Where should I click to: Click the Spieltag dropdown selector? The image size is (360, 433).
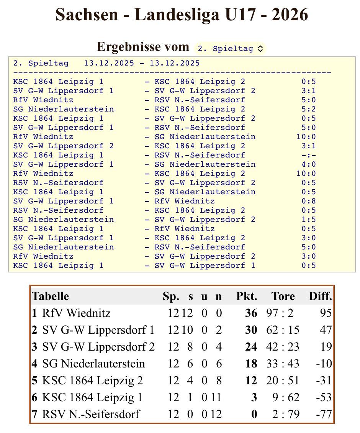(230, 49)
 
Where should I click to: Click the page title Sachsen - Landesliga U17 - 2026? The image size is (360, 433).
(182, 15)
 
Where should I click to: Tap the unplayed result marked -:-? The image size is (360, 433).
(308, 155)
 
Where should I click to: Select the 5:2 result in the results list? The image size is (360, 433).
(308, 109)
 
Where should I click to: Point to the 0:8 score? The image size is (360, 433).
(308, 201)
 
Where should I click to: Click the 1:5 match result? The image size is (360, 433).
(308, 220)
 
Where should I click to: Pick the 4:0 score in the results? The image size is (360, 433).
(308, 164)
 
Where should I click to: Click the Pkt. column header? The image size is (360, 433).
(247, 296)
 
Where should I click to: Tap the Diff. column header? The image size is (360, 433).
(321, 296)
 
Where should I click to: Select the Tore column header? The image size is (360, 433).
(283, 296)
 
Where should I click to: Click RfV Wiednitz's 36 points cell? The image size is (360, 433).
(251, 313)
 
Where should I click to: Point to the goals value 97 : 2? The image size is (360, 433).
(280, 313)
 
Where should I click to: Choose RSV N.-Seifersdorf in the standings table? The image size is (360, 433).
(91, 414)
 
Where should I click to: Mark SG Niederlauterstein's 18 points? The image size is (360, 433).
(251, 364)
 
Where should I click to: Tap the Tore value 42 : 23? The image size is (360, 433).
(283, 347)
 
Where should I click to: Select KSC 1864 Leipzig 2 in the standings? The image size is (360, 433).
(92, 381)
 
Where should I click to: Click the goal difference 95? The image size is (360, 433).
(326, 313)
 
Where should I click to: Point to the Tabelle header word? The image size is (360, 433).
(51, 296)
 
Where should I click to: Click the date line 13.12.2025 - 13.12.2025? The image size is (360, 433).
(142, 63)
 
